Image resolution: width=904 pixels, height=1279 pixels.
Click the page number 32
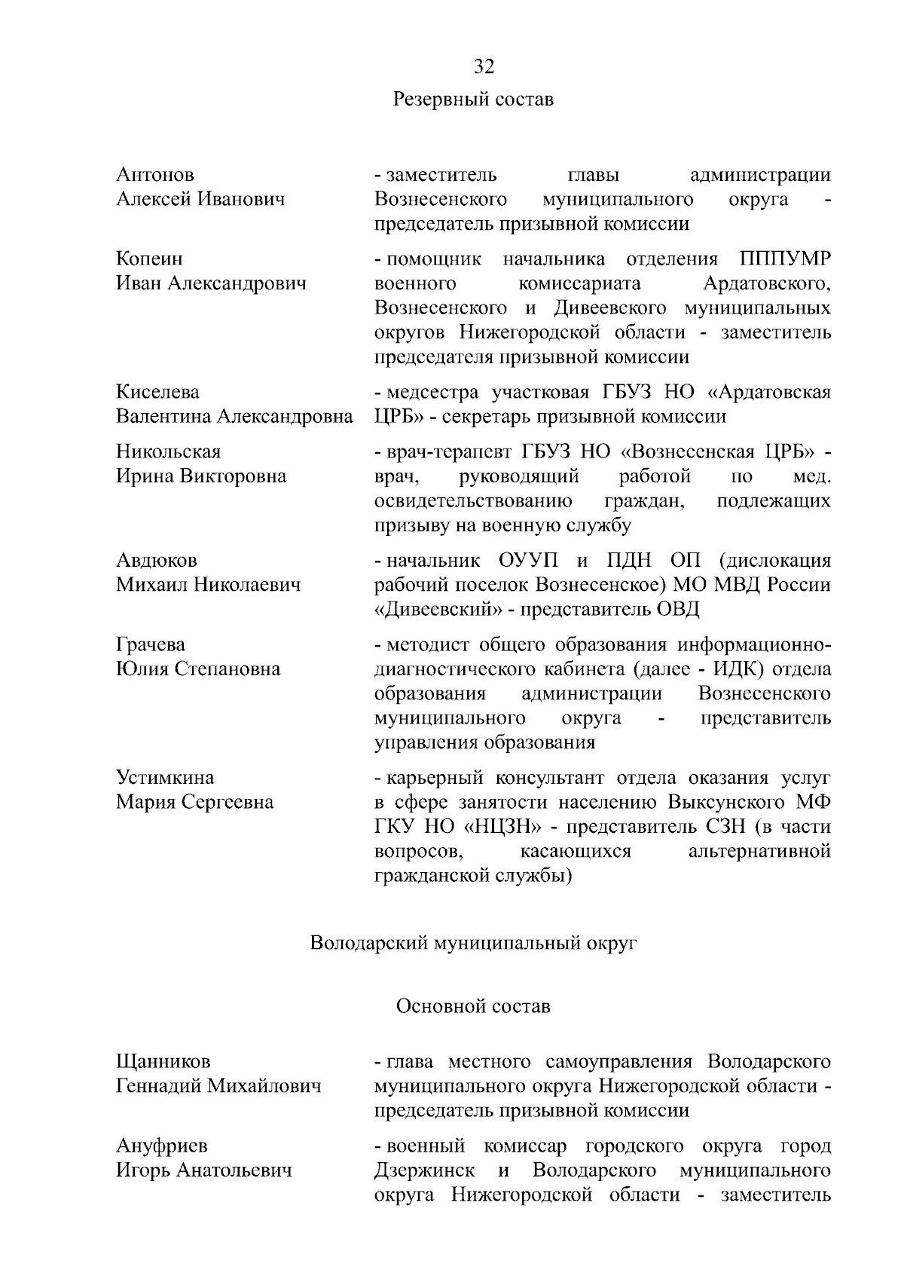[484, 67]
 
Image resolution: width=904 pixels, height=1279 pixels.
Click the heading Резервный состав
[473, 99]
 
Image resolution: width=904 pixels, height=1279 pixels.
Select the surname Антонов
[155, 175]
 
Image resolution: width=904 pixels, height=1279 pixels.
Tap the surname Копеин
[149, 259]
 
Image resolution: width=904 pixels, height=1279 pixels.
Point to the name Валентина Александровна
[234, 417]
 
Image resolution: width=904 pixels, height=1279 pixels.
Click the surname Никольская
[169, 452]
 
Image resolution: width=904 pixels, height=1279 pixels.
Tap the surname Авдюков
[157, 561]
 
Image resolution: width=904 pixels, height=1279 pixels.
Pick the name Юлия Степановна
[198, 669]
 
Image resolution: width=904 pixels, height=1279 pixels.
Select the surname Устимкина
[165, 778]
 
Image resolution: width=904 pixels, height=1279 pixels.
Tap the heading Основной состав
[473, 1007]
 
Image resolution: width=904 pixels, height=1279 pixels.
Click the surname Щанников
[163, 1062]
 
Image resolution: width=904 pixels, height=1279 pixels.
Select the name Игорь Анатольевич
[203, 1170]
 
